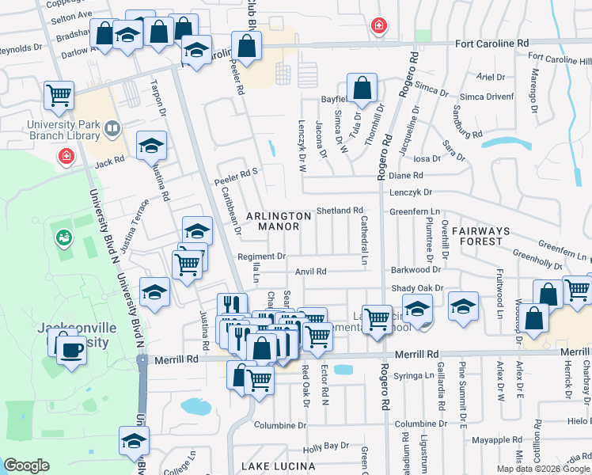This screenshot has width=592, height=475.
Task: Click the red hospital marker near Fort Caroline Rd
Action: tap(380, 26)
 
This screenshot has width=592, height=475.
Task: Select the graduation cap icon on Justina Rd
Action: tap(151, 146)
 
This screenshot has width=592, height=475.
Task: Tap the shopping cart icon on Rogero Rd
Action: tap(378, 319)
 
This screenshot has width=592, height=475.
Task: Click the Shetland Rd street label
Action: tap(340, 211)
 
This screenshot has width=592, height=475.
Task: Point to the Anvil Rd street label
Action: tap(310, 272)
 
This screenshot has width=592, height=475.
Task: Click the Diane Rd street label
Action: tap(406, 175)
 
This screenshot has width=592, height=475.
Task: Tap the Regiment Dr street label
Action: tap(261, 256)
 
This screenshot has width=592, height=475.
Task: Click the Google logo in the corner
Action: tap(26, 465)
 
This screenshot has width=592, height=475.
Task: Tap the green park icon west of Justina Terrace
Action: tap(63, 237)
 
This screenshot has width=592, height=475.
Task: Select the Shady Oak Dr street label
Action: tap(416, 288)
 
